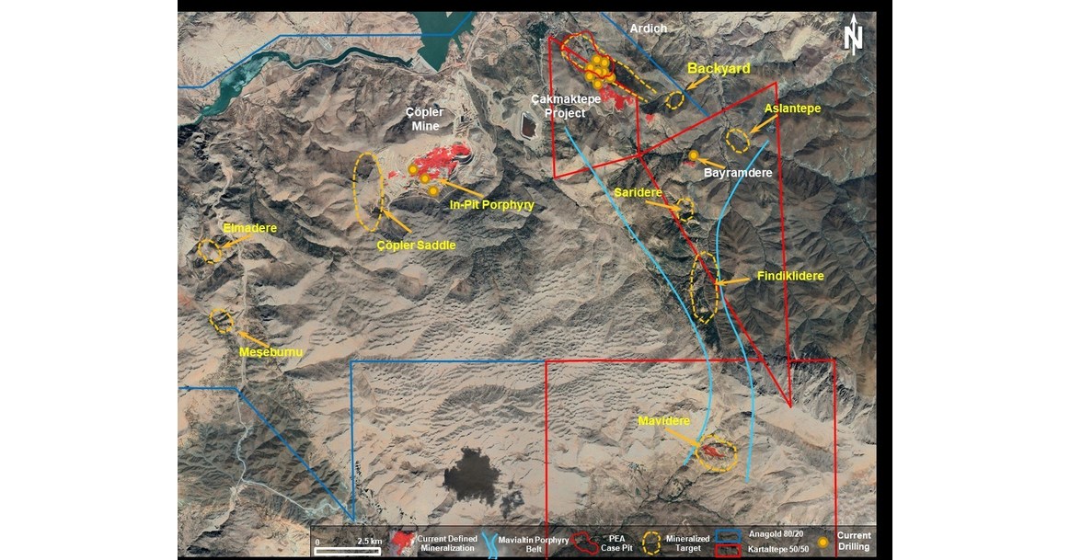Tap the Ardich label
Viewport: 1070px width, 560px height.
(x=648, y=29)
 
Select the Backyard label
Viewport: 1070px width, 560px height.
(x=719, y=69)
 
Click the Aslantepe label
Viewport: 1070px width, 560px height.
(x=792, y=109)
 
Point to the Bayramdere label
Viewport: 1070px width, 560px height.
(x=736, y=172)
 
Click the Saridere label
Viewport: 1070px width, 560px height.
(x=638, y=193)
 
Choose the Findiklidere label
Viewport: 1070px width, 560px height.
(x=789, y=276)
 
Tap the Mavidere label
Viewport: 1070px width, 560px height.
(x=663, y=421)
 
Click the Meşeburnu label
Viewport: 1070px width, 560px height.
(x=270, y=352)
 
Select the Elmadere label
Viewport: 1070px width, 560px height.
(x=249, y=227)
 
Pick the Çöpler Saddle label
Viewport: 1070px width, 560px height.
(x=417, y=246)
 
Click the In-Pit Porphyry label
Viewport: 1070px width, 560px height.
(x=491, y=205)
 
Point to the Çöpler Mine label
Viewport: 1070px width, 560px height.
(x=424, y=119)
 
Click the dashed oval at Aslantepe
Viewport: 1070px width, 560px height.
(x=738, y=141)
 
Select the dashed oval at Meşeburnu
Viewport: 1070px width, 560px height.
(x=222, y=320)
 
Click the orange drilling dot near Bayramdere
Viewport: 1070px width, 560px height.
(x=694, y=155)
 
